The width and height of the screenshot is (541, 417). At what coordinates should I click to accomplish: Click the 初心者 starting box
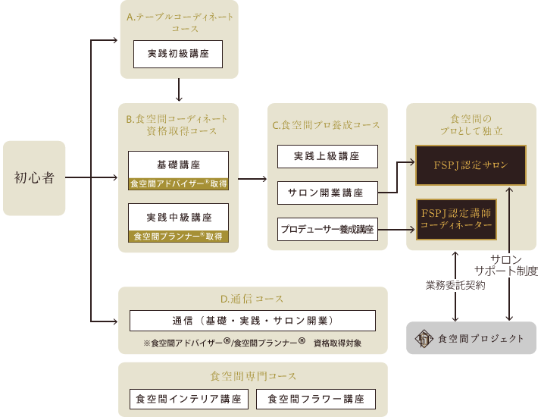(34, 178)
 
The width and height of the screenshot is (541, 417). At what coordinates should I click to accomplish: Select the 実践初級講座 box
(178, 54)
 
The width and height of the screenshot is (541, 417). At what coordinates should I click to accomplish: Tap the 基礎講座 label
(178, 165)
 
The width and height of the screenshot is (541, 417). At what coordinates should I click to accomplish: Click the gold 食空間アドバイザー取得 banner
(178, 183)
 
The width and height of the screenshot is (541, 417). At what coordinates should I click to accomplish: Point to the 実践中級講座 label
(179, 218)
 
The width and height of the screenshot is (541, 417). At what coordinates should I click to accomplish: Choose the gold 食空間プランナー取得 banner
(178, 237)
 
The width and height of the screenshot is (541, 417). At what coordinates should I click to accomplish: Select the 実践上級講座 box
(327, 156)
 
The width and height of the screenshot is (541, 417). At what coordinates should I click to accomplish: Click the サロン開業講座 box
(327, 193)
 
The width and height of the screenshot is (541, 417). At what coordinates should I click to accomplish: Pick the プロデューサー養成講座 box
(327, 229)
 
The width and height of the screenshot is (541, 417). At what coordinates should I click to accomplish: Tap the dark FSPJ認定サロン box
(471, 165)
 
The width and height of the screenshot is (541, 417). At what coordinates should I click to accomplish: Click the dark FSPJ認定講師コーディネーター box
(456, 219)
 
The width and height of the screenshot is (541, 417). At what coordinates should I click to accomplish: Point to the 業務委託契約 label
(455, 286)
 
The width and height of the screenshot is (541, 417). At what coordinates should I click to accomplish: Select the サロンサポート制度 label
(506, 265)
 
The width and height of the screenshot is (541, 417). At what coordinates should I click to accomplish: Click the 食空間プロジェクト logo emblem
(424, 339)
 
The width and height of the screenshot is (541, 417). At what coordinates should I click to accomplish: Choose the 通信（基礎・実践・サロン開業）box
(252, 321)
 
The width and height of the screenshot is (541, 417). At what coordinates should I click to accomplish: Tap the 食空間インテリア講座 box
(189, 400)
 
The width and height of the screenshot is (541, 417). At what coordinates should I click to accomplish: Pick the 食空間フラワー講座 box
(316, 400)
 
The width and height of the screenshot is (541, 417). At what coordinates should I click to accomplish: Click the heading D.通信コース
(252, 299)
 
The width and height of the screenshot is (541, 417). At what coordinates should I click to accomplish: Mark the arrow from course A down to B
(179, 89)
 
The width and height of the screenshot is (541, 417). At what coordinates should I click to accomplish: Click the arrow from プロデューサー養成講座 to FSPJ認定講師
(396, 229)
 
